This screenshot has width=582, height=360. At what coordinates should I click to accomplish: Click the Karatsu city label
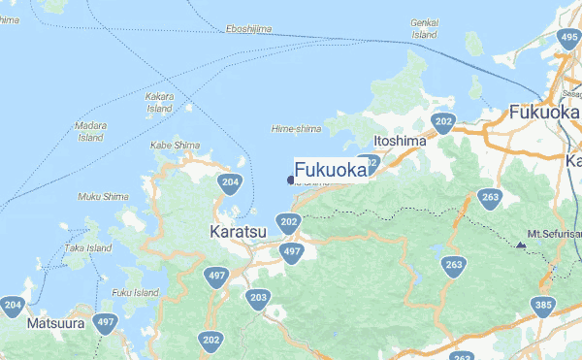click(x=237, y=232)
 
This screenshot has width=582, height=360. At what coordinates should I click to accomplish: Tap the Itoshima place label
click(x=400, y=142)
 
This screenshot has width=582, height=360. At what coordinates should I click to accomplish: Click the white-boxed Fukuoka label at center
click(x=331, y=169)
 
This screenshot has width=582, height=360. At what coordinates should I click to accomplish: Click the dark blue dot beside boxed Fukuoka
click(x=290, y=179)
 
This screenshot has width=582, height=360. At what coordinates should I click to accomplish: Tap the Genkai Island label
click(x=425, y=29)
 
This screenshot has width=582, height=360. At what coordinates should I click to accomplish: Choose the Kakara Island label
click(x=159, y=103)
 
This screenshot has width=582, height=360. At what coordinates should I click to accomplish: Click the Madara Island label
click(x=90, y=131)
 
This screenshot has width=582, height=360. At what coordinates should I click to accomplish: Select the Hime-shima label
click(x=296, y=128)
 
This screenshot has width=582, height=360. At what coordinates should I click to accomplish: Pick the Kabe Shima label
click(x=176, y=146)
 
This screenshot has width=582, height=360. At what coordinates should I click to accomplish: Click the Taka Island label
click(x=88, y=247)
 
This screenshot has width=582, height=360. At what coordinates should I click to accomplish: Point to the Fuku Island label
click(x=135, y=292)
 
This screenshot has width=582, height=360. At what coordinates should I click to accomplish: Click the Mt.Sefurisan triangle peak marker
click(x=521, y=245)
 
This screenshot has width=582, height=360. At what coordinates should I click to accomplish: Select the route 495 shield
click(x=569, y=39)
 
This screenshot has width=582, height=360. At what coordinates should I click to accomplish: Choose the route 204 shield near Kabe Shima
click(x=230, y=181)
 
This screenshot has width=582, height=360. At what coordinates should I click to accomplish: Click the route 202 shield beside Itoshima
click(x=443, y=122)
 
